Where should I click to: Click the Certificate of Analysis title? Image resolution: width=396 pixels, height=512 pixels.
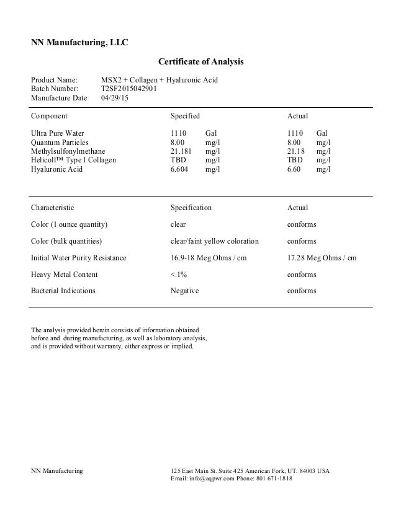[x=201, y=62]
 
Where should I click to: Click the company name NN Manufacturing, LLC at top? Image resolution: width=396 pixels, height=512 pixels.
[x=79, y=43]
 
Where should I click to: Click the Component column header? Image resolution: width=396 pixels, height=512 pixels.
[x=49, y=116]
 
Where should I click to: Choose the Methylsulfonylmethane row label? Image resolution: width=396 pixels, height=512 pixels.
[x=68, y=151]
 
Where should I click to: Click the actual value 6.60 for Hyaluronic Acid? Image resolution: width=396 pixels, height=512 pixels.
[x=295, y=169]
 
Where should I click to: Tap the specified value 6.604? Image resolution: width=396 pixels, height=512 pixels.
[x=180, y=169]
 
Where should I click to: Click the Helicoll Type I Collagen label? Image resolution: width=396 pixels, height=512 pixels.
[x=73, y=160]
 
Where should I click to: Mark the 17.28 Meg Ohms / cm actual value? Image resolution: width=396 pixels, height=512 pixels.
[x=322, y=258]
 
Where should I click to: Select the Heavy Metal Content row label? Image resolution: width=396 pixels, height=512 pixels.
[x=64, y=275]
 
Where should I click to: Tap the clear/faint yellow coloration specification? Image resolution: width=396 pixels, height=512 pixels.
[x=214, y=241]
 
